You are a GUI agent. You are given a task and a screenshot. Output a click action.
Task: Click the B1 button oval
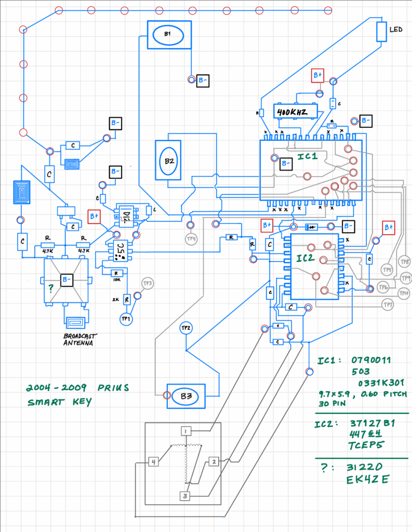[x=167, y=35]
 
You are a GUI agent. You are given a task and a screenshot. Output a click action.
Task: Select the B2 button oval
[x=169, y=161]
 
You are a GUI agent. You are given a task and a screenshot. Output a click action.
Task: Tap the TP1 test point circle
[x=126, y=318]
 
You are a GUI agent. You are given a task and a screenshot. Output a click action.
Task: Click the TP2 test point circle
[x=187, y=328]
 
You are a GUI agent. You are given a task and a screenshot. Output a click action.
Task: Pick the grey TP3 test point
[x=147, y=284]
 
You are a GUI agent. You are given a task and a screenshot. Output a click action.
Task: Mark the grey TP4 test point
[x=191, y=239]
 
